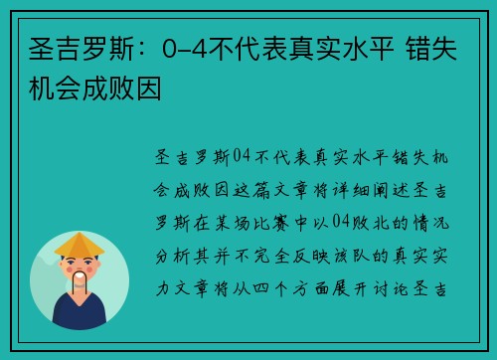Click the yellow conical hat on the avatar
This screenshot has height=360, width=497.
tap(80, 244)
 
